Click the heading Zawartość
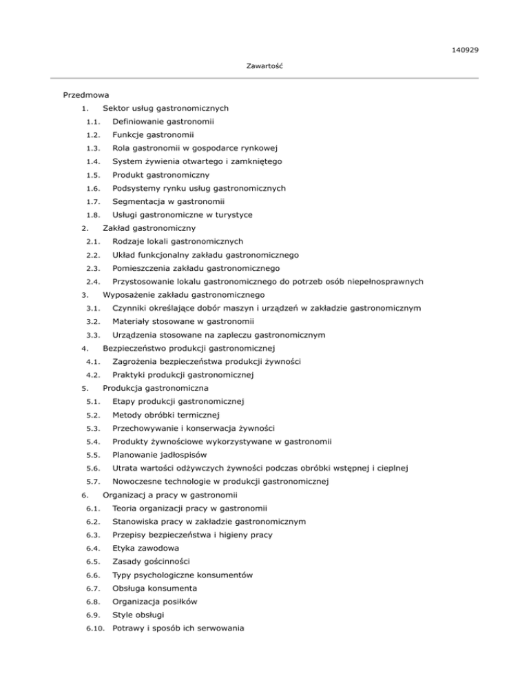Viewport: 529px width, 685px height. tap(265, 66)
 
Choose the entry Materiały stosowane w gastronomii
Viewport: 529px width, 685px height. tap(182, 321)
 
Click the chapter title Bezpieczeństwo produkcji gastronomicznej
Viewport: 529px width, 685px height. tap(189, 348)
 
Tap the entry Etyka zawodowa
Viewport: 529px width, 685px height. tap(146, 549)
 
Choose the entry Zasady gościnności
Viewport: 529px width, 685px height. tap(151, 562)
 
